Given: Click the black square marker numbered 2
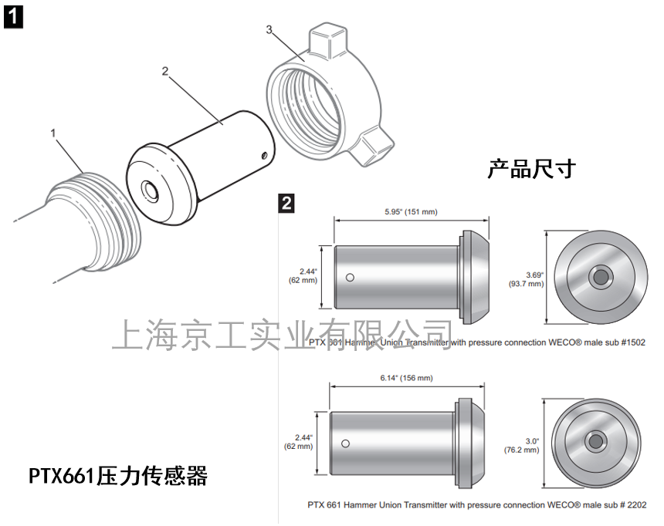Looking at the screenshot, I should [286, 203].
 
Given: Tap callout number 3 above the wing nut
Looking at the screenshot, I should [269, 29].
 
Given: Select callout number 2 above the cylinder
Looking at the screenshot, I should [165, 71].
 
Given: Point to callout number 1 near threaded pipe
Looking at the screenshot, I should [53, 133].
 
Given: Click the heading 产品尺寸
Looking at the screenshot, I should [531, 169].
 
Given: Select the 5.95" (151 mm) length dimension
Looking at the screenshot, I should [410, 211].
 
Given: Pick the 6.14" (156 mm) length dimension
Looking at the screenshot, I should [407, 378].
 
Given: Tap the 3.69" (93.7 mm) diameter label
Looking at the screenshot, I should [525, 278].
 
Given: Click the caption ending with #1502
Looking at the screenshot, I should [476, 341].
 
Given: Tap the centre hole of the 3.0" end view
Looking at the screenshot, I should [595, 441].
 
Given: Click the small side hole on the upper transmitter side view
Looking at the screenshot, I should [351, 278].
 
